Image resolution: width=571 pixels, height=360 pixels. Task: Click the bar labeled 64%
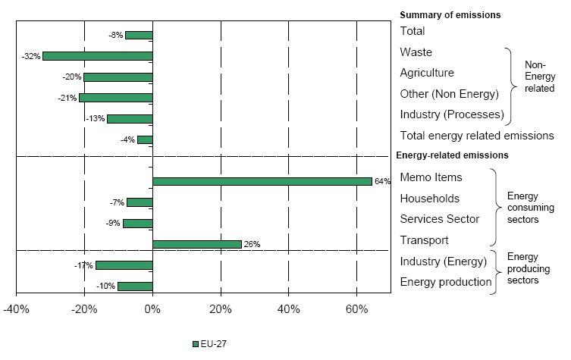pos(262,181)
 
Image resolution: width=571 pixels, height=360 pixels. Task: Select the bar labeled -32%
pos(97,56)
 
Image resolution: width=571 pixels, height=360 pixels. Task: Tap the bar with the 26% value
pos(196,244)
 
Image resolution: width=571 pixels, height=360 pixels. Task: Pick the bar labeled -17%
pos(124,265)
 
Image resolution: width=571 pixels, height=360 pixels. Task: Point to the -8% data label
pos(116,35)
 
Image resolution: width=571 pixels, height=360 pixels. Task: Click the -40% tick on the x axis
pos(16,310)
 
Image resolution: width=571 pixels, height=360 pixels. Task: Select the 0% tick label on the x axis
pos(152,310)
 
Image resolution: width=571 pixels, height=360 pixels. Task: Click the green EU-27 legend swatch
pos(196,343)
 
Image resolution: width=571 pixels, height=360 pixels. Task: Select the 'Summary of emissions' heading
pos(450,14)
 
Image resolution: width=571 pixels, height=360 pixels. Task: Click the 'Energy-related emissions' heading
pos(452,155)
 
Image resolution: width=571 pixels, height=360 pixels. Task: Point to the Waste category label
pos(416,52)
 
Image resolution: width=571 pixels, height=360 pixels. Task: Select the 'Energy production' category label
pos(446,282)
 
